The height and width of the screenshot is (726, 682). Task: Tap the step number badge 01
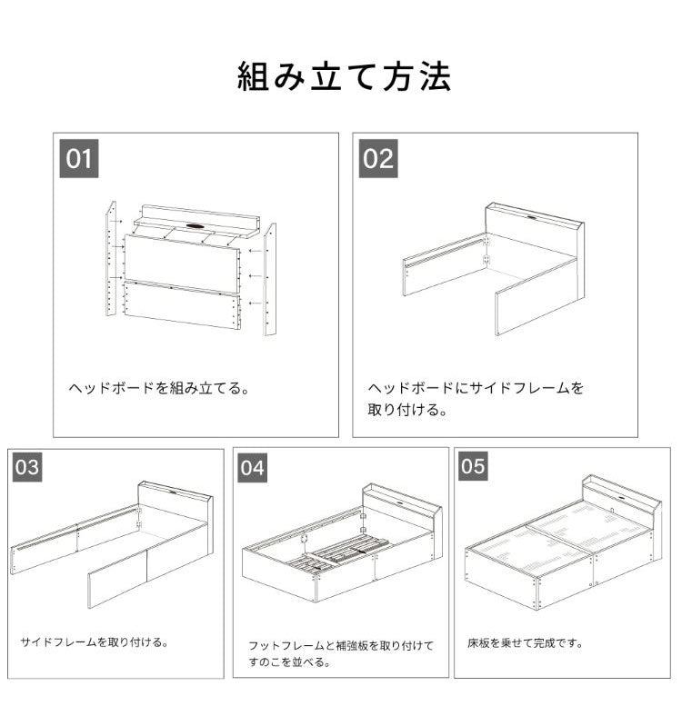79,158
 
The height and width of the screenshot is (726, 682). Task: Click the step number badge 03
27,467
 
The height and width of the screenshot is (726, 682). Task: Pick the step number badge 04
253,467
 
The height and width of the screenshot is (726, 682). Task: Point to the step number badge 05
473,467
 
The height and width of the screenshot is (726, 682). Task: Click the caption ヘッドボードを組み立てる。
160,388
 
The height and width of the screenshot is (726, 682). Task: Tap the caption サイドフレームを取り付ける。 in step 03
95,642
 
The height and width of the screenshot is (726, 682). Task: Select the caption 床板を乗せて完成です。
526,642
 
